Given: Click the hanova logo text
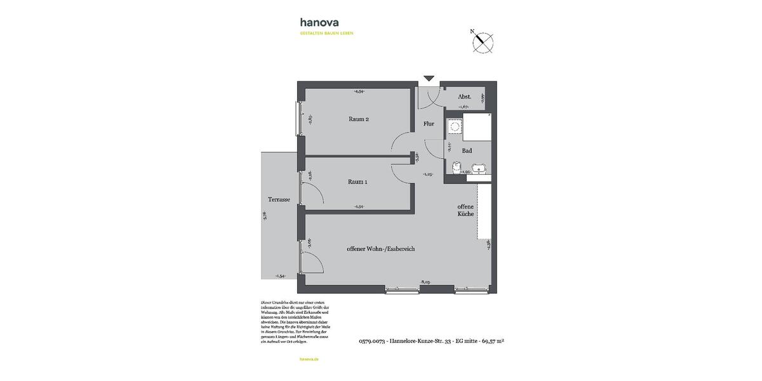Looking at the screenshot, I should [319, 22].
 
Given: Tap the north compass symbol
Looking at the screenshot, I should [483, 42].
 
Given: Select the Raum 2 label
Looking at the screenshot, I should [358, 119].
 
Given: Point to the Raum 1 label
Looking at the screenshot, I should [358, 182].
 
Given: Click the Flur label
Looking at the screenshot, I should [429, 124].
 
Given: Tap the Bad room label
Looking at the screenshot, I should [467, 150].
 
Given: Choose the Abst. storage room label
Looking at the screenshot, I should [464, 97].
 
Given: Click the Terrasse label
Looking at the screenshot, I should [279, 199].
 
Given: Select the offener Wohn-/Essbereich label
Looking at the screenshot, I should [380, 249].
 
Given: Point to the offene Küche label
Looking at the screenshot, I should [465, 210].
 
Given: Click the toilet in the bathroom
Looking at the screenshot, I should [455, 167].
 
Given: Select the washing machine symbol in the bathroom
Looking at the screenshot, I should [455, 127].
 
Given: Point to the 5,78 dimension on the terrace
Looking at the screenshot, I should [265, 215].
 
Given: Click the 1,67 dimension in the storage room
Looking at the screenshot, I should [464, 107].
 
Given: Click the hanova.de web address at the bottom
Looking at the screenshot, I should [309, 359].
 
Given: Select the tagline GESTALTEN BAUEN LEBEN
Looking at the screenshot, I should [326, 33].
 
